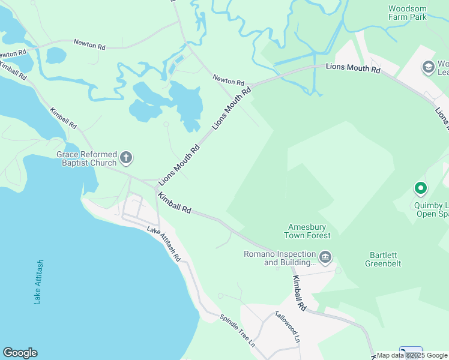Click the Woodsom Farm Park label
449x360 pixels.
pos(408,13)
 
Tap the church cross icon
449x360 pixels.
pos(126,158)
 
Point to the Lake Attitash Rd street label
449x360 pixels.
pos(164,244)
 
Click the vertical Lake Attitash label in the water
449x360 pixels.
pos(39,282)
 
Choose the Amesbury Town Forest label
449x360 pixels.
pos(307,231)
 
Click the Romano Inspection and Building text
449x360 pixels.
pos(279,258)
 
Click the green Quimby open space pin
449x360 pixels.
pos(421,189)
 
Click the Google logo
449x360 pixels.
pos(20,353)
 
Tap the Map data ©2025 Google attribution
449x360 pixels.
pos(412,355)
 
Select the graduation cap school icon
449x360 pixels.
pos(429,67)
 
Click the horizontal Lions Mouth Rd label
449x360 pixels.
pos(353,69)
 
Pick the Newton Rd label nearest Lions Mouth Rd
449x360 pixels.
pos(228,80)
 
